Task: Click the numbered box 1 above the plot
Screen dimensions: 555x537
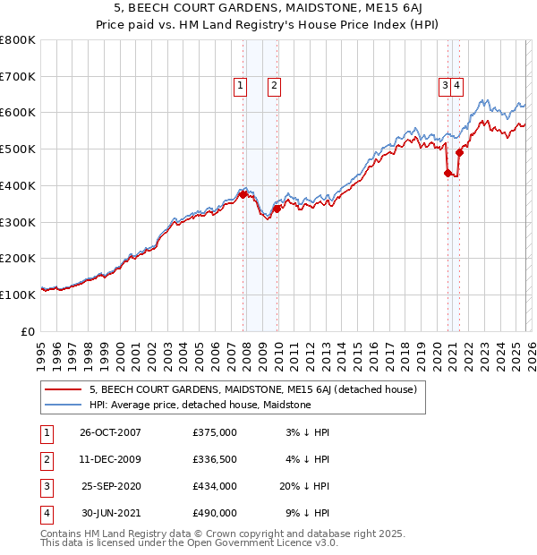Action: pos(241,86)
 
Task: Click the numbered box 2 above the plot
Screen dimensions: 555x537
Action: pos(274,86)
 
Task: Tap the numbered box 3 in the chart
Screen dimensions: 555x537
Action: pos(444,86)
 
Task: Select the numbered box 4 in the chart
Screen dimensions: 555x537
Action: pos(456,86)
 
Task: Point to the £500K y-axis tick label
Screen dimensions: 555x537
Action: pos(17,149)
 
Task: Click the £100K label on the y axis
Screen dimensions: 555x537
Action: pos(17,295)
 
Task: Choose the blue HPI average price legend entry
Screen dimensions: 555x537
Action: pos(200,405)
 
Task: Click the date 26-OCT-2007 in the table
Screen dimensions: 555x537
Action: pos(110,432)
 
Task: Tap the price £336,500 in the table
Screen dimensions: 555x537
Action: pos(214,459)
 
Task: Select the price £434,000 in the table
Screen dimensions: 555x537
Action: pos(214,486)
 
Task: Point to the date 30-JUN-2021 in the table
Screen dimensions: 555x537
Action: pos(110,513)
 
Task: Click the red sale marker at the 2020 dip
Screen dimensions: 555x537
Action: pos(447,173)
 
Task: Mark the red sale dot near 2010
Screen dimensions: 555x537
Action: pos(277,209)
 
